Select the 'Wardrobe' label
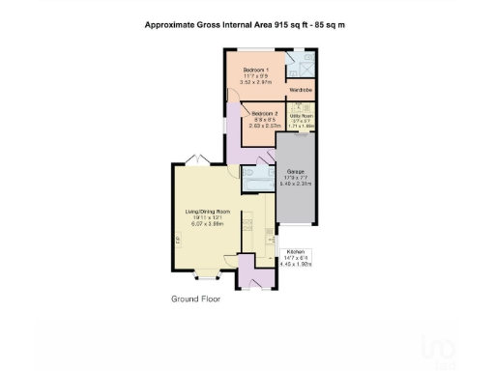point(302,93)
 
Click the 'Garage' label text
point(296,171)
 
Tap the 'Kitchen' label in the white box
point(296,252)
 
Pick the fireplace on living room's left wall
point(177,239)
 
